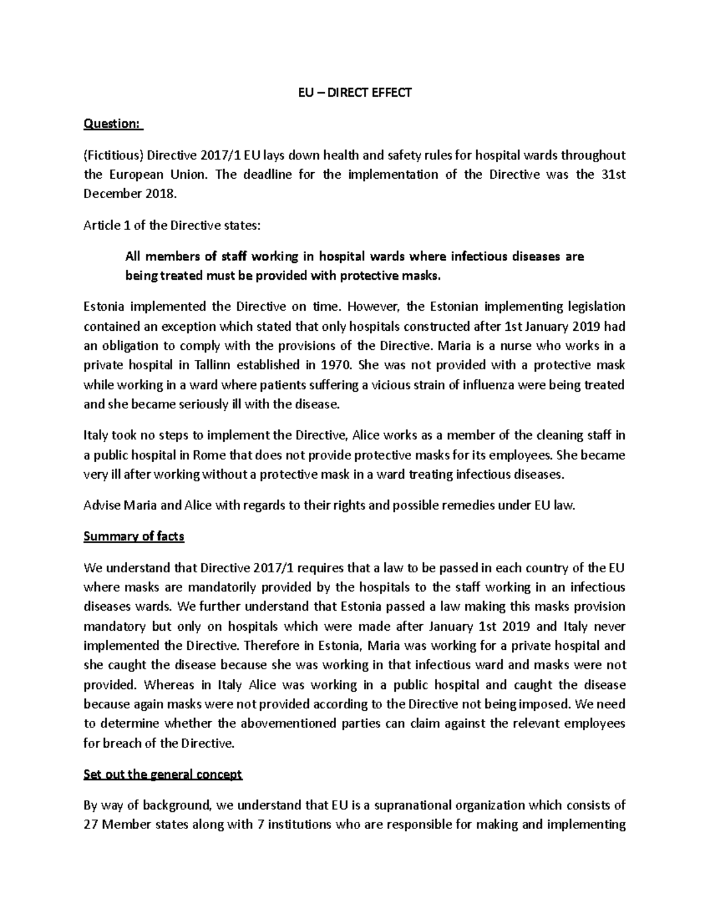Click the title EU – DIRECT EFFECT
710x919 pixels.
354,92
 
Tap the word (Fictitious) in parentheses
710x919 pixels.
113,156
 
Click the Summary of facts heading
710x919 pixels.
134,537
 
